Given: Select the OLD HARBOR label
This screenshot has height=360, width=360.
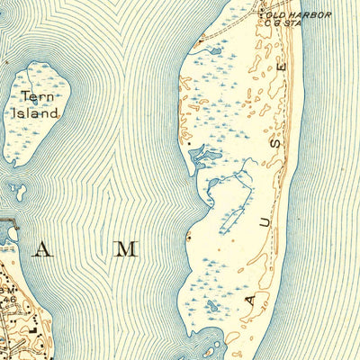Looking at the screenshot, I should click(303, 15).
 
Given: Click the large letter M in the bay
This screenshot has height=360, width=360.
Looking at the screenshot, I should click(126, 248).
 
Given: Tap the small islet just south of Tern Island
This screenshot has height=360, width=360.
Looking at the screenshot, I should click(18, 190).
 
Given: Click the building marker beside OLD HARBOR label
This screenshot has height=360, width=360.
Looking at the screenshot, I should click(263, 13).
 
